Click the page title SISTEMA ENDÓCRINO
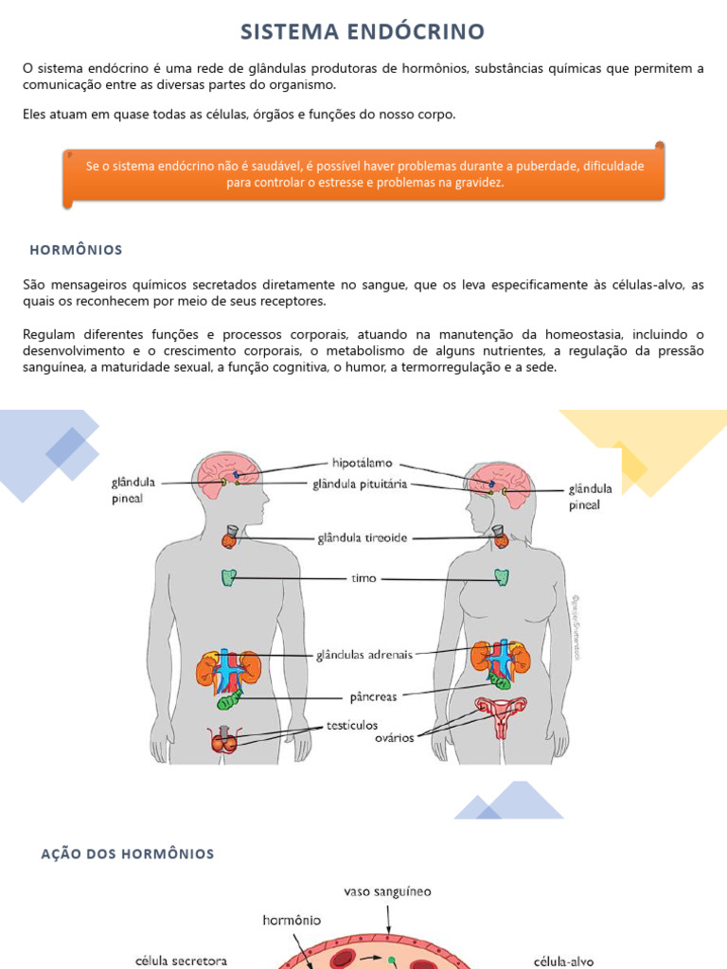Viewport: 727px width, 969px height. [363, 31]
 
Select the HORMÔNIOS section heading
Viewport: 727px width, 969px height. [77, 250]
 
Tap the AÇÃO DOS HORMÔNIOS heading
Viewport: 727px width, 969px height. [128, 854]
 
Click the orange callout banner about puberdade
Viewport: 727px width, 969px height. [364, 173]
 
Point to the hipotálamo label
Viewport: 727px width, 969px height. [362, 464]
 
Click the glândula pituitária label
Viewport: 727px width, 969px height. [360, 484]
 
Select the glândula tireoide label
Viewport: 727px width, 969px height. [362, 537]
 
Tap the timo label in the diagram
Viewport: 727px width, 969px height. [363, 577]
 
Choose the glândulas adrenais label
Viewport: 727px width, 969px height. [363, 654]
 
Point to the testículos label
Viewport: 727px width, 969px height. [352, 725]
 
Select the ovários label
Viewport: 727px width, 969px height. [395, 738]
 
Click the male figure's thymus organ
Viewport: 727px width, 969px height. [229, 577]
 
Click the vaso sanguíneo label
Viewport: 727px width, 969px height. [387, 891]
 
